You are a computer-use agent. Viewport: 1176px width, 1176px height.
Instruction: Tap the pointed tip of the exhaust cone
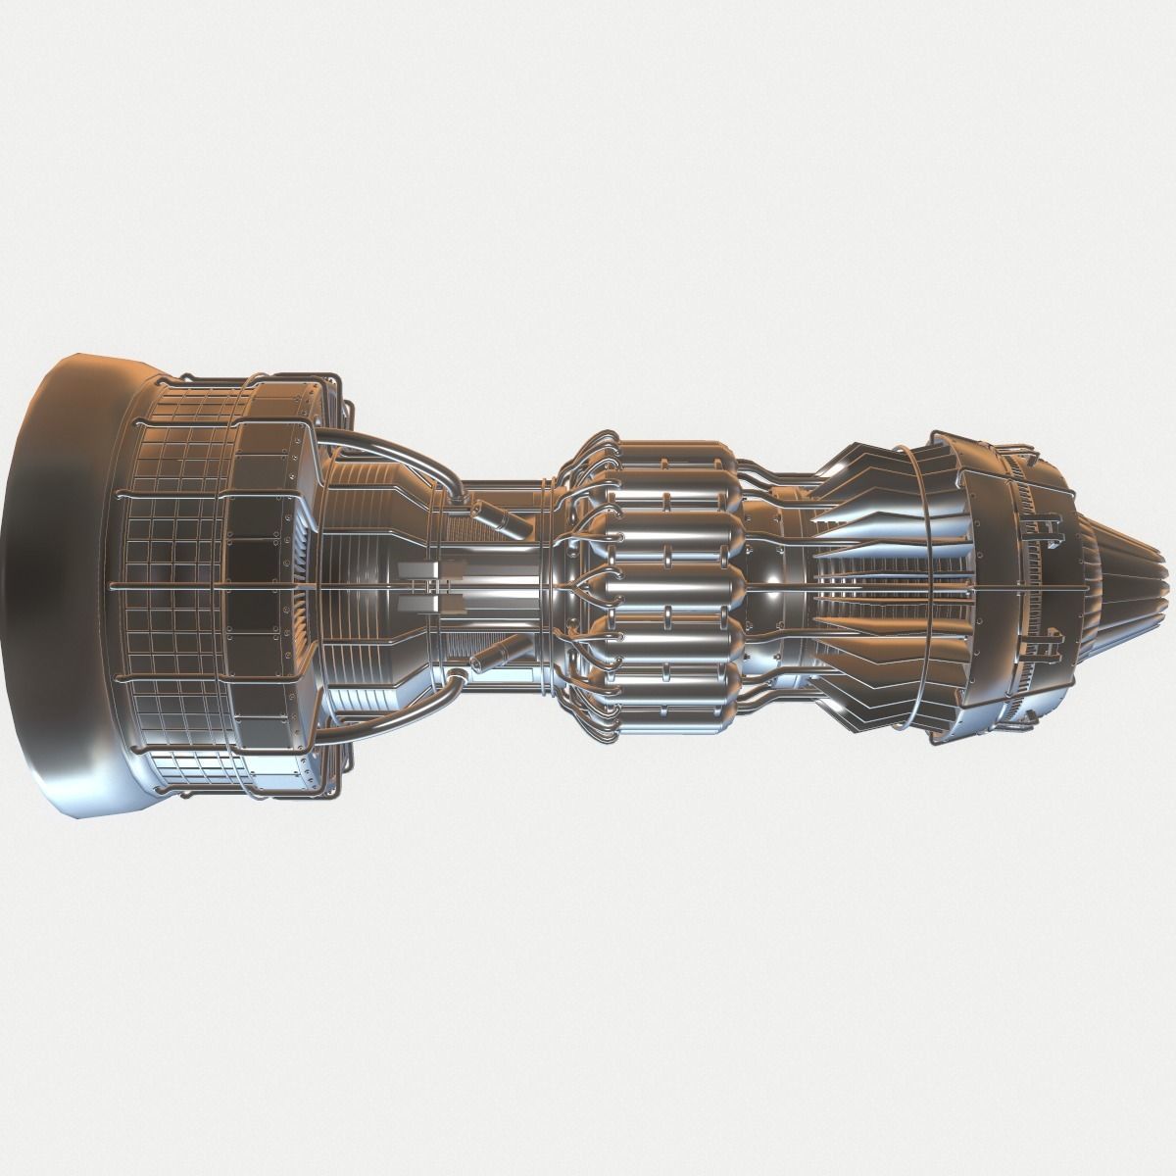tap(1164, 586)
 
